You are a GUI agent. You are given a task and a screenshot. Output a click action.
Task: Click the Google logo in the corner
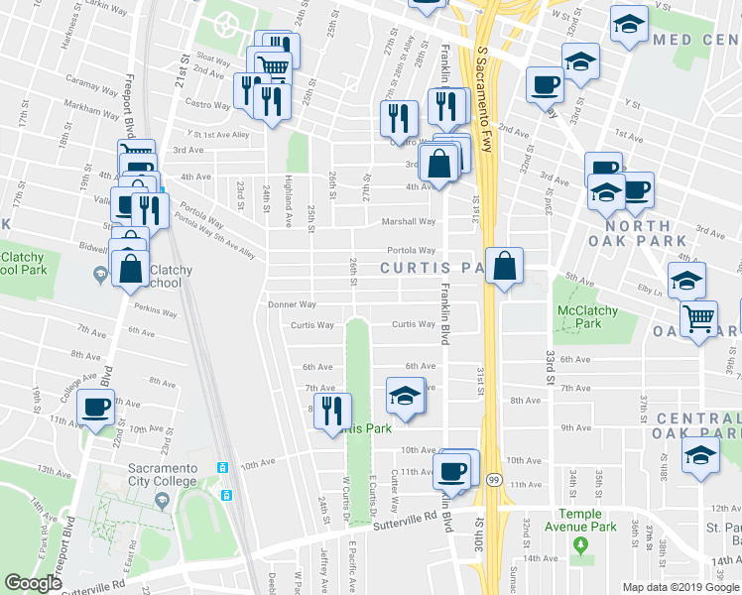pyautogui.click(x=33, y=583)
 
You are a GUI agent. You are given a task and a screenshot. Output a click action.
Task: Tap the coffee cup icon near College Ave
pyautogui.click(x=96, y=408)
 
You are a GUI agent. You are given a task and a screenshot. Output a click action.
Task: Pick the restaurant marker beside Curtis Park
pyautogui.click(x=332, y=409)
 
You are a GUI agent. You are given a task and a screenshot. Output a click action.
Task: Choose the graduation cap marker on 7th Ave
pyautogui.click(x=404, y=395)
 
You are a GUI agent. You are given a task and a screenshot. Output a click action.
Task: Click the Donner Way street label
pyautogui.click(x=292, y=305)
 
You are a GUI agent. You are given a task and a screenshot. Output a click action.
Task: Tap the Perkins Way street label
pyautogui.click(x=157, y=312)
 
